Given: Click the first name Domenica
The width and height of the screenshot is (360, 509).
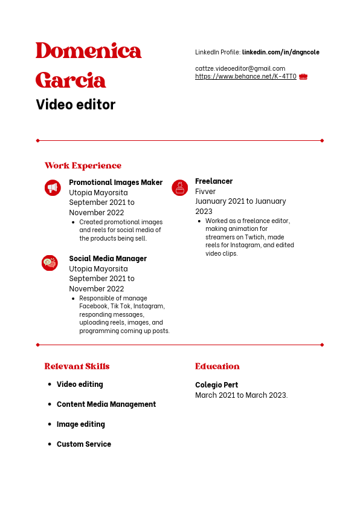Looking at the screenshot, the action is click(x=88, y=51).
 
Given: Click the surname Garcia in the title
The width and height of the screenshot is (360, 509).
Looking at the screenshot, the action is click(x=71, y=80).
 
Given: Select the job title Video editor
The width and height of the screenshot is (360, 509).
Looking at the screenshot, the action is click(x=76, y=105).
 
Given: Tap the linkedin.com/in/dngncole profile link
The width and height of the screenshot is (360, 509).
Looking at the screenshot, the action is click(x=280, y=53).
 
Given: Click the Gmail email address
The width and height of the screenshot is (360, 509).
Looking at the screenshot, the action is click(x=240, y=68).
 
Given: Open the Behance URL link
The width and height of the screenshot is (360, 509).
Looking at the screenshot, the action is click(x=245, y=77).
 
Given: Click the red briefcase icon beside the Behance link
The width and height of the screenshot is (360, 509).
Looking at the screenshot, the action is click(x=303, y=77).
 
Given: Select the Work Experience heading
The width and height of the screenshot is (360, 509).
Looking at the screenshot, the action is click(x=83, y=166).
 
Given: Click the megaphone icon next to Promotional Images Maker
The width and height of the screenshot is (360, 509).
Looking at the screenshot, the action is click(x=53, y=188).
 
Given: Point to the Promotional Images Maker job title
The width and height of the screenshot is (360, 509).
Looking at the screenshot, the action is click(x=115, y=183).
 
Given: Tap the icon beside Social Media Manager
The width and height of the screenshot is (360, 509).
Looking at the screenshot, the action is click(x=50, y=263).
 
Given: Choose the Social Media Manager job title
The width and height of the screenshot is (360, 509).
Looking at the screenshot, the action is click(x=108, y=259).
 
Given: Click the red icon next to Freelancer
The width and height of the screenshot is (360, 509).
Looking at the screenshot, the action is click(x=179, y=188).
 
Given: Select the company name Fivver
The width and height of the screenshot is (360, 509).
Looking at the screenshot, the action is click(x=205, y=192).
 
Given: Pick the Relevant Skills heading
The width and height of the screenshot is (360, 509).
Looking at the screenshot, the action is click(x=77, y=366).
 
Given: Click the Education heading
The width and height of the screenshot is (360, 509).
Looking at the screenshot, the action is click(x=217, y=366).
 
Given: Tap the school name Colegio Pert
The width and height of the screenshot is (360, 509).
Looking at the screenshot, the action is click(x=216, y=385).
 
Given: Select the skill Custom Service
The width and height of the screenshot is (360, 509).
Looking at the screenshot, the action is click(x=84, y=444).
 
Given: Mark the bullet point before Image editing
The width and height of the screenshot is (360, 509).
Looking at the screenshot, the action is click(x=50, y=424).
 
